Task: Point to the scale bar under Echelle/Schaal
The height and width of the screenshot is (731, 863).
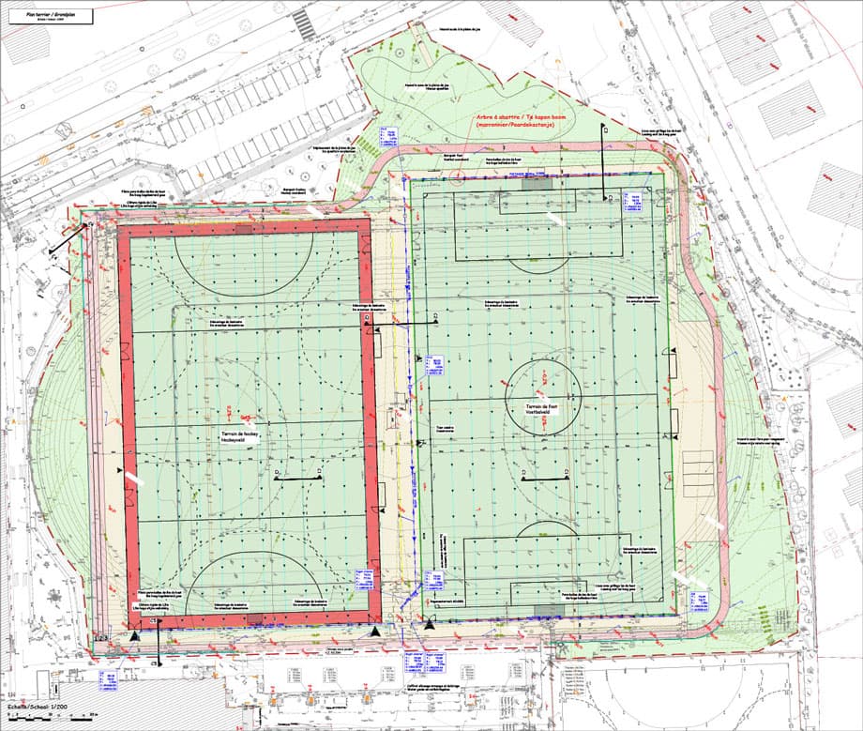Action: (x=38, y=718)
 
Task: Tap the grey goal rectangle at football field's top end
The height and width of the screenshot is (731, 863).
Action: (x=537, y=183)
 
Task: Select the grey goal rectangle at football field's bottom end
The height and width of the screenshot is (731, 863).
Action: (x=544, y=611)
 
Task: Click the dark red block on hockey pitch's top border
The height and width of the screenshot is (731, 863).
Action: (x=244, y=228)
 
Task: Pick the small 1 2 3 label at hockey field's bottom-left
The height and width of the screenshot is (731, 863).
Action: (x=100, y=639)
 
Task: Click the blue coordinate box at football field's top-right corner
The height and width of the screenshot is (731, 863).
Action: (x=634, y=200)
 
